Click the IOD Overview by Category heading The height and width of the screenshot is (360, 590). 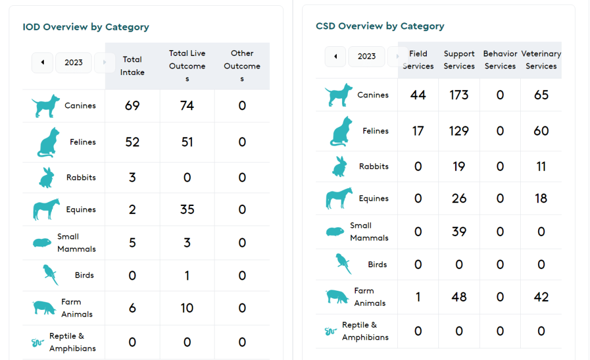point(86,27)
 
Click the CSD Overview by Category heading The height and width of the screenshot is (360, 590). point(380,26)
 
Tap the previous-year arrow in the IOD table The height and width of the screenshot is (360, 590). point(42,62)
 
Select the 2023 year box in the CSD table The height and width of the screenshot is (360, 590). point(367,57)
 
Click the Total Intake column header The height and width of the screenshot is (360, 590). point(132,66)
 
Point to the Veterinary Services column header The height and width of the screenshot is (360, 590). point(541,60)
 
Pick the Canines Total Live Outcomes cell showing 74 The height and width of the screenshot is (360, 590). point(187,106)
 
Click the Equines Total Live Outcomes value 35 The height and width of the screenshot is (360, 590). point(187,209)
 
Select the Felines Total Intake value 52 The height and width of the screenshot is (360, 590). point(132,142)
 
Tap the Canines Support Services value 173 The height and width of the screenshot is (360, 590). point(459,95)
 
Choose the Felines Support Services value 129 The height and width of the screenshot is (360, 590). point(459,131)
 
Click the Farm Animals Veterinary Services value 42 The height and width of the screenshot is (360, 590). point(541,297)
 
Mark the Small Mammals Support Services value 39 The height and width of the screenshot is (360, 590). point(459,231)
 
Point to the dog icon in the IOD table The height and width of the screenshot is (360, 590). point(46,107)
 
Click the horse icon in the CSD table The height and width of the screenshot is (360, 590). point(339,198)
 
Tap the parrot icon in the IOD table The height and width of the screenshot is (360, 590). point(51,275)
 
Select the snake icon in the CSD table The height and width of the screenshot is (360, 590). point(330,332)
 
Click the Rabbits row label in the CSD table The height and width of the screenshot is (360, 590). point(374,166)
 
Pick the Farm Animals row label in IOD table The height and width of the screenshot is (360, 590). point(76,308)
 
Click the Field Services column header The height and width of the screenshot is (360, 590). point(418,60)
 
